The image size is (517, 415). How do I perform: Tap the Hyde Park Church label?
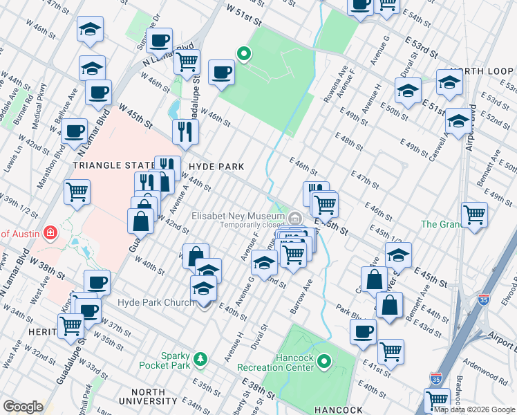pos(149,302)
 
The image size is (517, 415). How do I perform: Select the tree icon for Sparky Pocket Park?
pos(200,358)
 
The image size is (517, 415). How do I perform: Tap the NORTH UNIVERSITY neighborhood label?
pos(147,396)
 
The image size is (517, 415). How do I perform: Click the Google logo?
pos(22,407)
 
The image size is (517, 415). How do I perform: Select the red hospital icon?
pos(49,232)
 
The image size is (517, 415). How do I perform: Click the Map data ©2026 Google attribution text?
pos(474,409)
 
